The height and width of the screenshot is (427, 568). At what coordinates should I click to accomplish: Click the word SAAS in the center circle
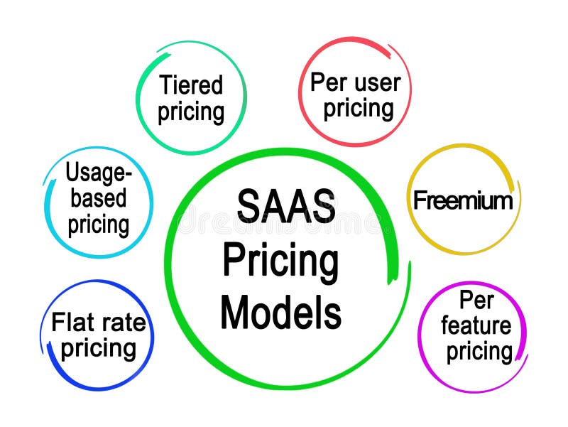(285, 207)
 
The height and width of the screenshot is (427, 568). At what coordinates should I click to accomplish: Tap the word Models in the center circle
(280, 313)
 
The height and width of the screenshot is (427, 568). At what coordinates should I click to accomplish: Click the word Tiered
(191, 85)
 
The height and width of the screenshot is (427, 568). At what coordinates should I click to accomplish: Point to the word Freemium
(462, 200)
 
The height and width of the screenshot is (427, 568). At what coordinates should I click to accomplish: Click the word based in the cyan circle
(98, 198)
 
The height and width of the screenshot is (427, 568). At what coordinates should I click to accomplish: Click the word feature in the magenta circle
(476, 326)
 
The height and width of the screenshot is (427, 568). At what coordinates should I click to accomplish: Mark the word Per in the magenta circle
(476, 300)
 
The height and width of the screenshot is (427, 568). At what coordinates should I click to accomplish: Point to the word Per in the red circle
(327, 82)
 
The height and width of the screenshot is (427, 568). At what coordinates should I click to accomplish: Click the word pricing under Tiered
(191, 112)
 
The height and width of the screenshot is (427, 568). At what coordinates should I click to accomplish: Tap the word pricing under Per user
(359, 109)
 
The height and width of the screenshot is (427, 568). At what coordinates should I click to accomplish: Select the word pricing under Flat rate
(98, 350)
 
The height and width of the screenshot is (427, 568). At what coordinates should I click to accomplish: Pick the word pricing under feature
(479, 352)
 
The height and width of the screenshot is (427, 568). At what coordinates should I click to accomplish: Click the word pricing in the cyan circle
(98, 225)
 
